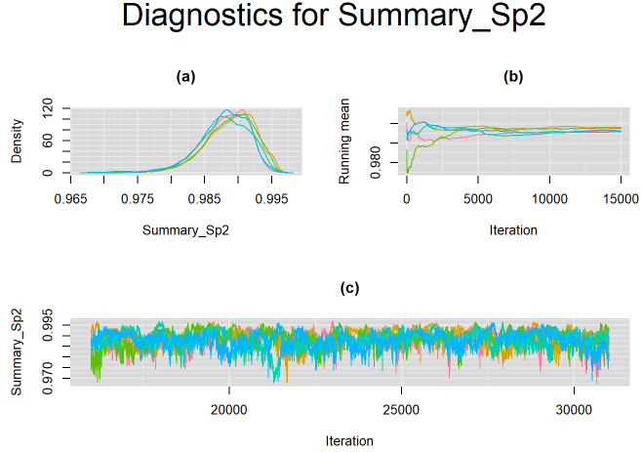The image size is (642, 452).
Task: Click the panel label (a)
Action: click(184, 76)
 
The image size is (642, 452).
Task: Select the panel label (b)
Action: click(512, 76)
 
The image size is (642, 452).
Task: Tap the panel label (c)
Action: click(348, 288)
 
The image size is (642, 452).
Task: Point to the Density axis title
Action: click(17, 142)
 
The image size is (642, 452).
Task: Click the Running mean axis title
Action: click(344, 142)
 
